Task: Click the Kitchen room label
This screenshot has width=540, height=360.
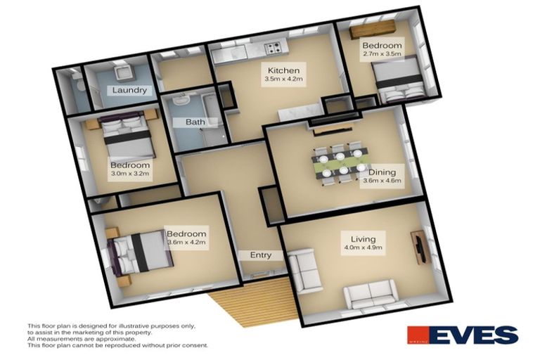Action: (283, 70)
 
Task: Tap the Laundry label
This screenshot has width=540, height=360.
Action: (129, 90)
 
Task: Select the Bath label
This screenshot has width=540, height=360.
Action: (195, 122)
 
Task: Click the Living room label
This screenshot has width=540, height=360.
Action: (356, 238)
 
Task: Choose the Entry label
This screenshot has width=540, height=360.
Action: (261, 255)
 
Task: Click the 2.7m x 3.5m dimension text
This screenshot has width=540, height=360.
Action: (381, 53)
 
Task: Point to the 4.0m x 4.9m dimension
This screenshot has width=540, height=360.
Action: (356, 247)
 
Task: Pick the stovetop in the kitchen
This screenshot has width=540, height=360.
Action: (272, 48)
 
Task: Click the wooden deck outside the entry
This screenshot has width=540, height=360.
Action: (252, 302)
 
